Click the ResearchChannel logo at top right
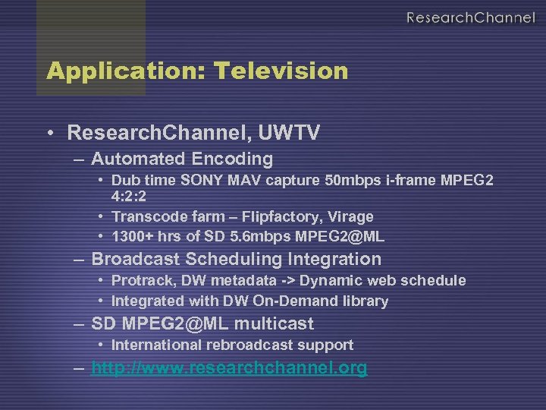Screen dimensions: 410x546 click(x=469, y=17)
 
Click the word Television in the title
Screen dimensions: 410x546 click(x=281, y=71)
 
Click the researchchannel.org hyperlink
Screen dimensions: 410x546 click(x=229, y=368)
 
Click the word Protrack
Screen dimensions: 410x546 click(x=140, y=280)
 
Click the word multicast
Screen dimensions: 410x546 click(x=274, y=323)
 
